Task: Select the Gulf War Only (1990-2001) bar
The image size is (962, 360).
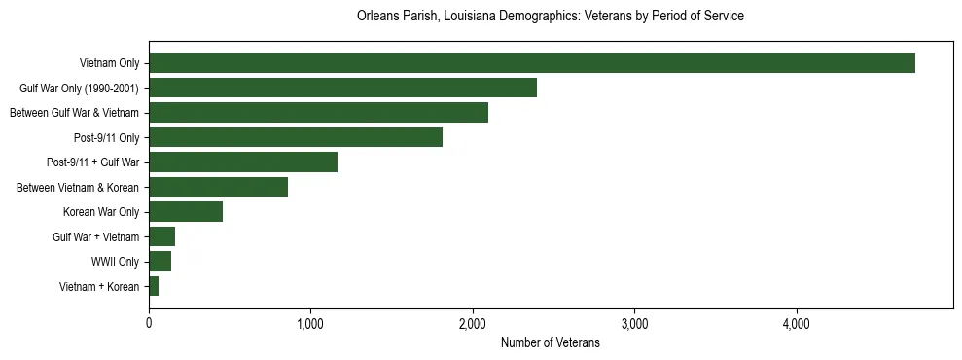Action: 342,89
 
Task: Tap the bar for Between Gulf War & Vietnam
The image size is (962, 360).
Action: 318,113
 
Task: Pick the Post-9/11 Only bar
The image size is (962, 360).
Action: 296,137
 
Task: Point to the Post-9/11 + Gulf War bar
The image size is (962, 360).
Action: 243,162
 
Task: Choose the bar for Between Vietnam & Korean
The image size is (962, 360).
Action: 218,187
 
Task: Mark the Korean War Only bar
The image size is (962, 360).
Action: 186,212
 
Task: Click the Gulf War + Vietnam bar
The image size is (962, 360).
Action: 161,236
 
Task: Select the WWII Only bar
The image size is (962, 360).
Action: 160,262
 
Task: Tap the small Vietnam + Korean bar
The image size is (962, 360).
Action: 154,286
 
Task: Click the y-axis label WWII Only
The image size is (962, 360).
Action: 115,262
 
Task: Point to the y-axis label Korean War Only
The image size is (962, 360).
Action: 101,212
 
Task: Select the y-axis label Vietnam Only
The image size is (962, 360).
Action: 109,63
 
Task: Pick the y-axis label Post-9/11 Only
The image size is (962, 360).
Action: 106,137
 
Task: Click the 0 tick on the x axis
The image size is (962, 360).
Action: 149,323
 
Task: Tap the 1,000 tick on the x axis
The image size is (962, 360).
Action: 310,323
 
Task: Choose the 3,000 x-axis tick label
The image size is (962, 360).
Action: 634,323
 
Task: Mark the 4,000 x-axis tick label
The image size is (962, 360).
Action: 796,323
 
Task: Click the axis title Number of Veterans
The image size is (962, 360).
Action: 550,342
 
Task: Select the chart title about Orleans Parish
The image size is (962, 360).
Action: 550,17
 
